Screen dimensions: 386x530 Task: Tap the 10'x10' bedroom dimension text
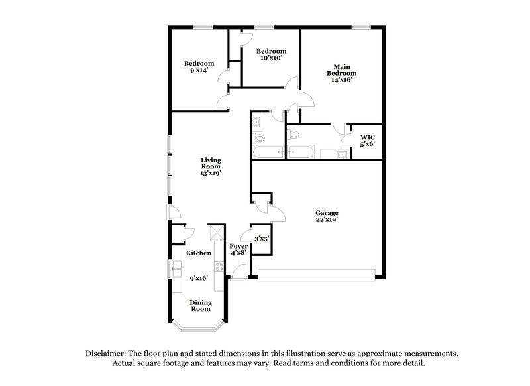[x=271, y=58]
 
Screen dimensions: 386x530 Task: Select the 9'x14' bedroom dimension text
[x=199, y=70]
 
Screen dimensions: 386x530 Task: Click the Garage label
[x=327, y=213]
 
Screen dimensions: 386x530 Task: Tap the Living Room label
[x=211, y=162]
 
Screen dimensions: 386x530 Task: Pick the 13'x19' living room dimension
[x=211, y=172]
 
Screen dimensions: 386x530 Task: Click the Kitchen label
[x=199, y=253]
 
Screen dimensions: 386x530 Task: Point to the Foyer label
[x=238, y=246]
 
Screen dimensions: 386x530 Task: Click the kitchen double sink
[x=176, y=269]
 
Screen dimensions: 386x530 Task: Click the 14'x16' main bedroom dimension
[x=341, y=80]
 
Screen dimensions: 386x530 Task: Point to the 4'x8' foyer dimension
[x=238, y=253]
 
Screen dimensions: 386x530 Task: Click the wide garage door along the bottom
[x=316, y=274]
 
